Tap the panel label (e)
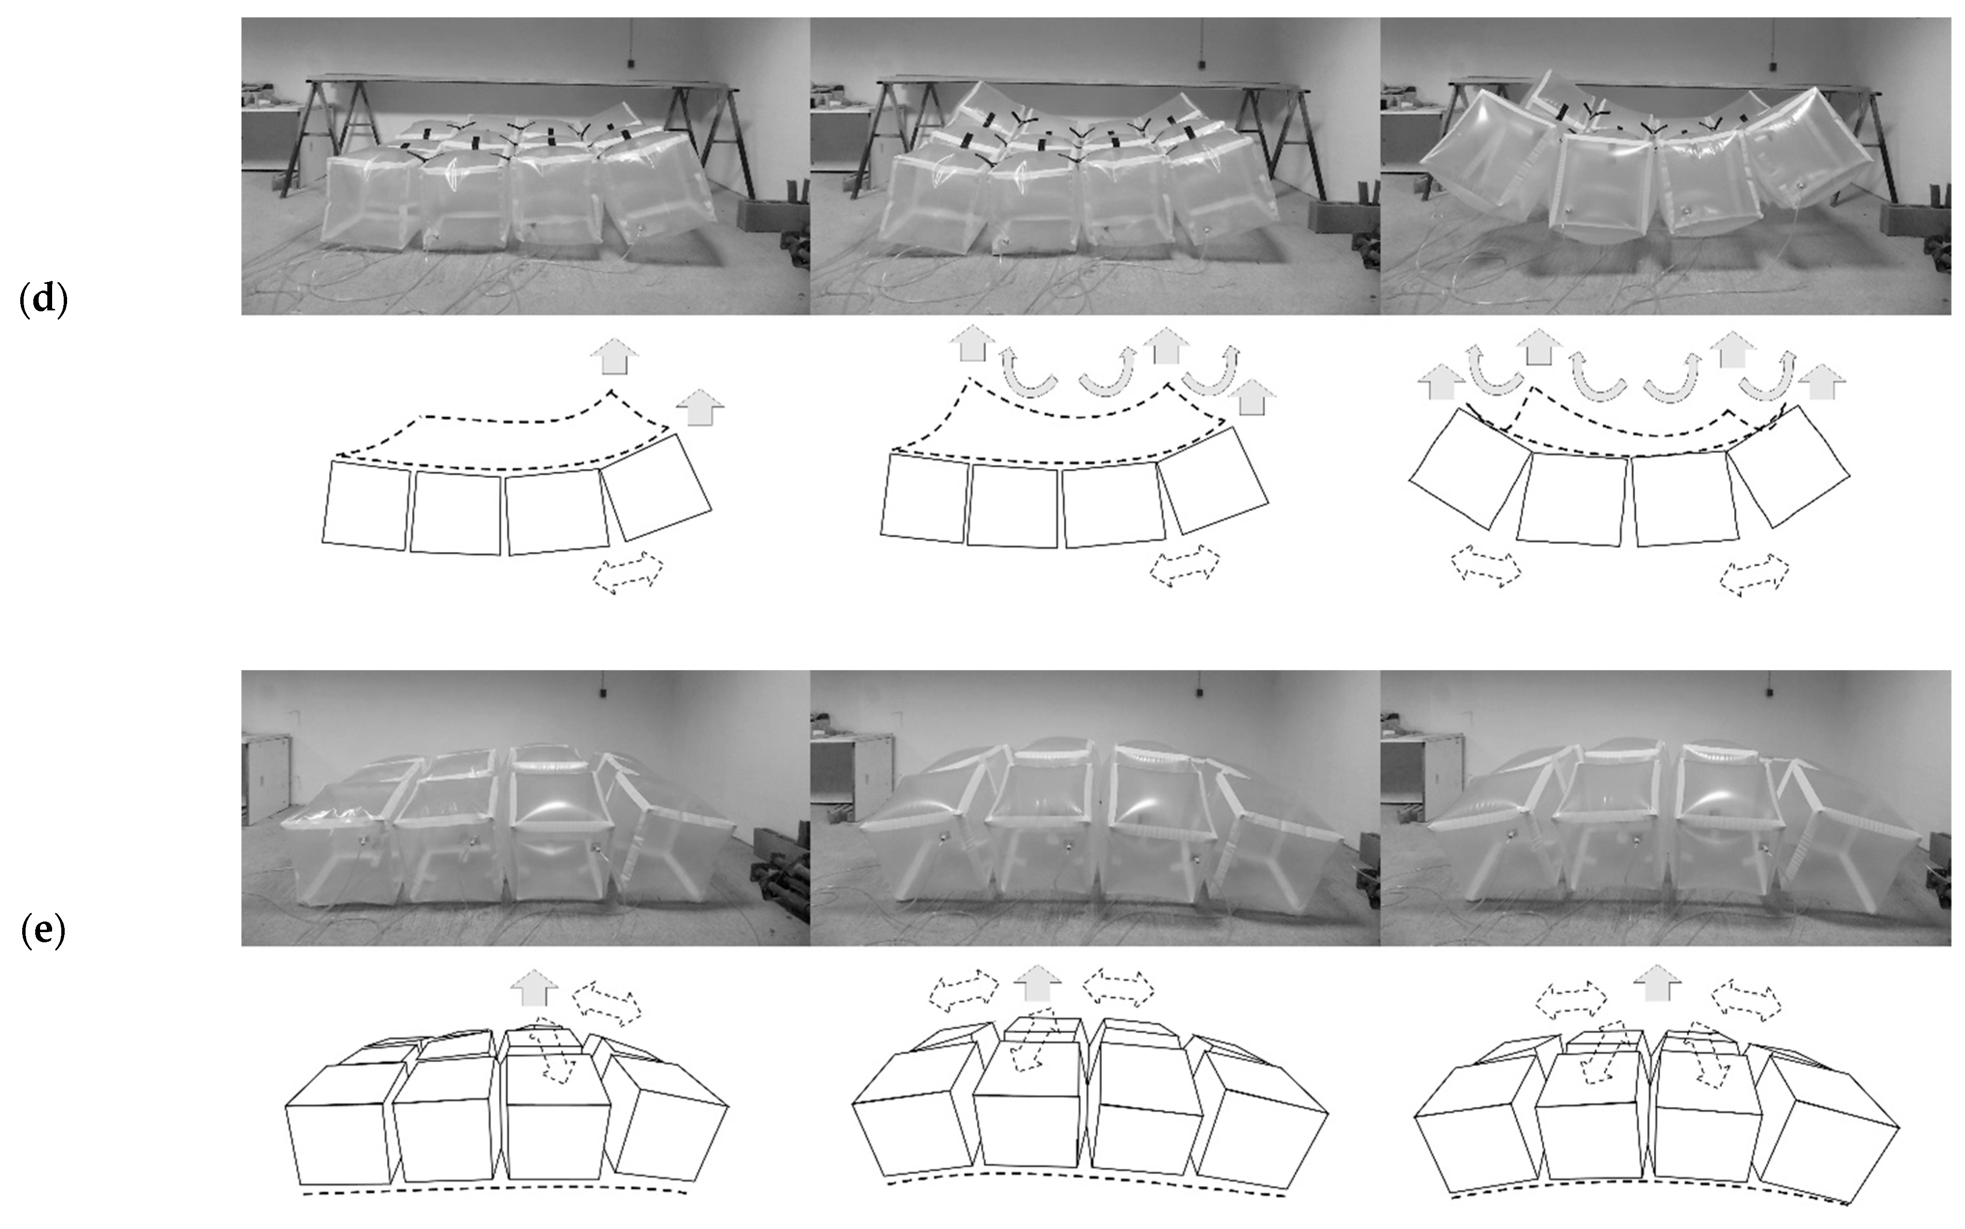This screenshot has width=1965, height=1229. pyautogui.click(x=42, y=932)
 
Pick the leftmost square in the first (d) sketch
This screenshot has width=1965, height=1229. pyautogui.click(x=366, y=505)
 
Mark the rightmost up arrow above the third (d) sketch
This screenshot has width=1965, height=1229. pyautogui.click(x=1823, y=382)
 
